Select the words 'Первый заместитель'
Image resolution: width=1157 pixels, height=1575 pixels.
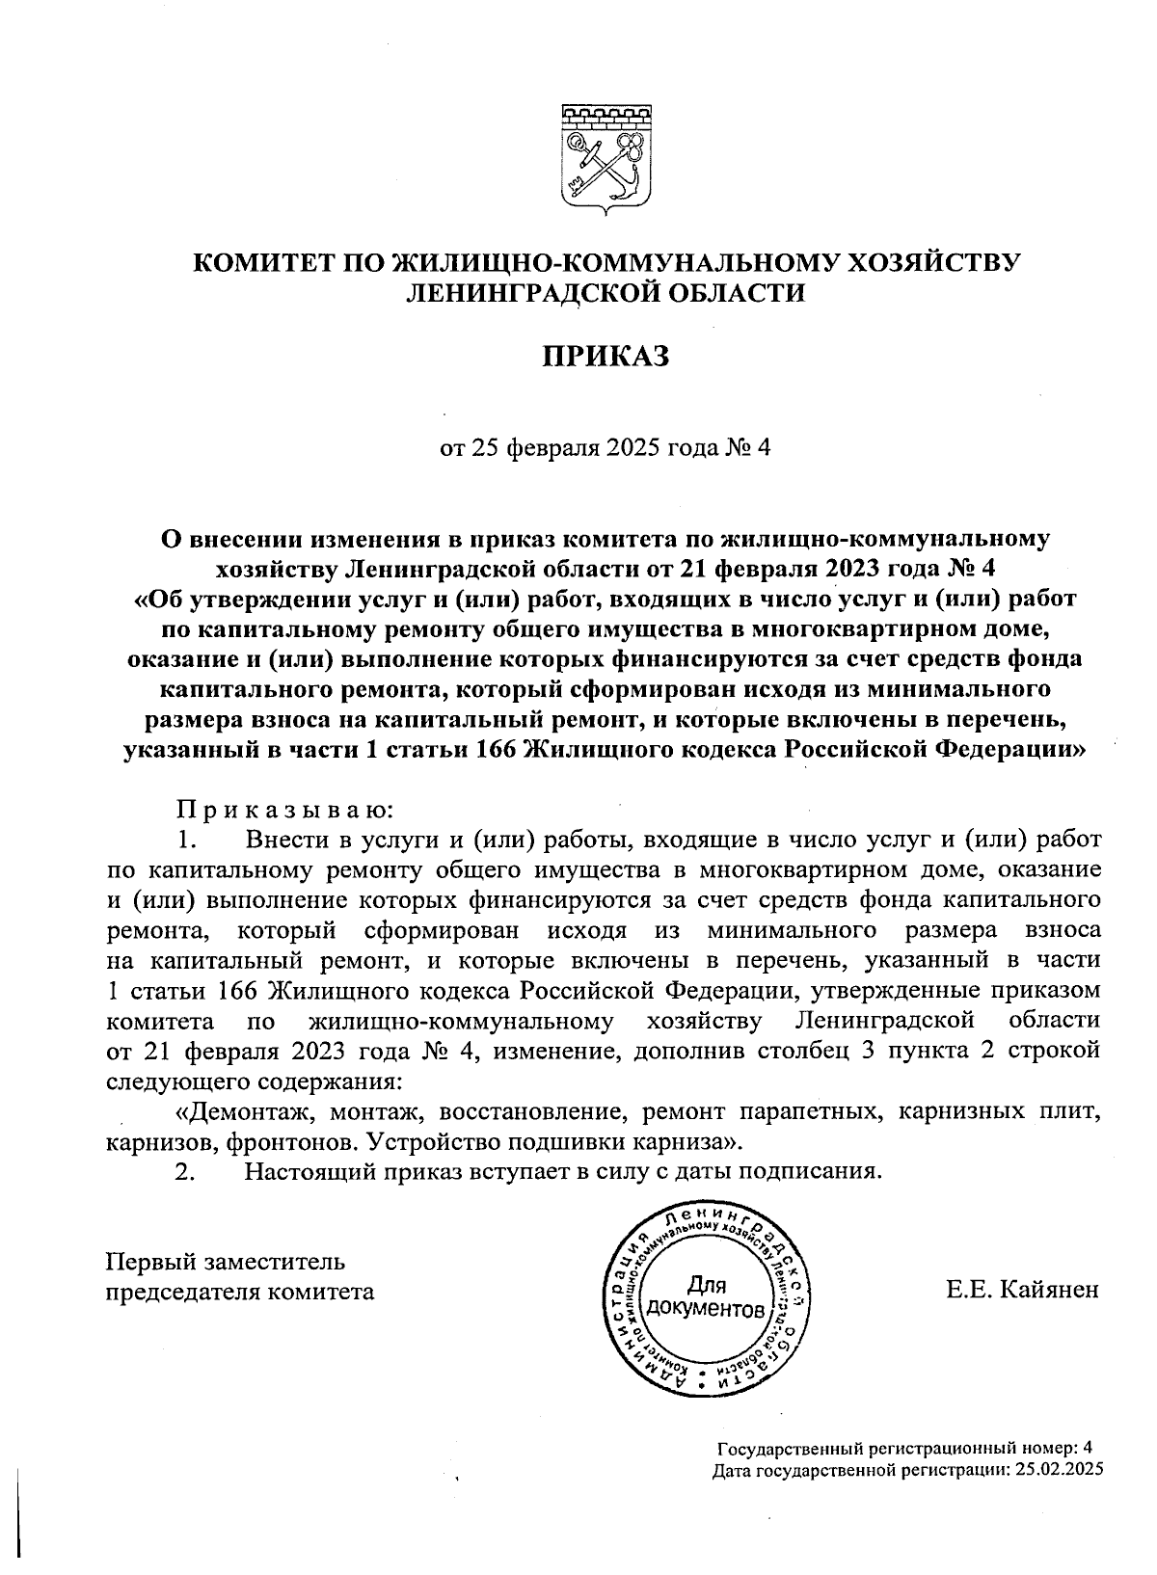point(225,1261)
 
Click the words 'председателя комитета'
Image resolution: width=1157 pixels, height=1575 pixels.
point(239,1291)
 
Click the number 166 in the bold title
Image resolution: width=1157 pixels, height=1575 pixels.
point(496,749)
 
